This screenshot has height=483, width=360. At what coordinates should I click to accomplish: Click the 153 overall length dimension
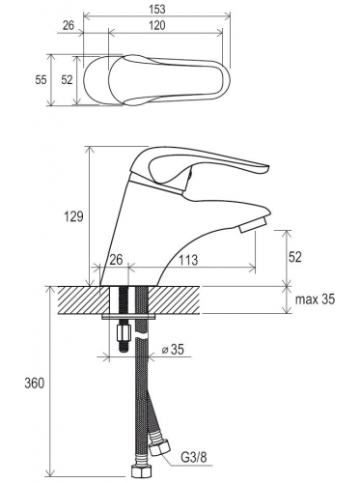[157, 10]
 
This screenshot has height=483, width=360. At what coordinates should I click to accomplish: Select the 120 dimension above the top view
[157, 25]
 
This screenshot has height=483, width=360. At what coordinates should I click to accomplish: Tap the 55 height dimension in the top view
[41, 79]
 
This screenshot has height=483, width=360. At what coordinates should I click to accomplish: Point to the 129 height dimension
[73, 216]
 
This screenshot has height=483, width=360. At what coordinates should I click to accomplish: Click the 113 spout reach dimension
[188, 260]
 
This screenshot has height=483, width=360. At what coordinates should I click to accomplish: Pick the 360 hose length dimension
[35, 384]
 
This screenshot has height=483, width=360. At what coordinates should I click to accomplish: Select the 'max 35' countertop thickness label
[315, 299]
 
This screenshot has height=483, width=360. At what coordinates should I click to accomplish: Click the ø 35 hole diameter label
[173, 350]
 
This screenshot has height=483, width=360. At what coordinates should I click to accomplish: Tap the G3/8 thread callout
[194, 457]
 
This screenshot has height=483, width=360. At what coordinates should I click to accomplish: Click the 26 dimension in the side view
[117, 260]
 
